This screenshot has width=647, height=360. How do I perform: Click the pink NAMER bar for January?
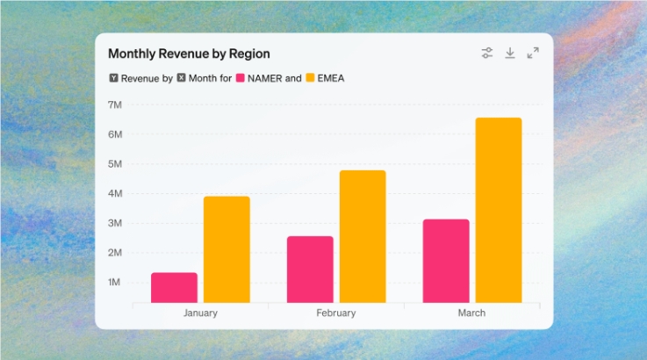(174, 288)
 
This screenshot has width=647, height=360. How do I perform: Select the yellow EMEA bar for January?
(226, 249)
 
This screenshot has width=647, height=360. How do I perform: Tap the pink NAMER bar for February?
(310, 270)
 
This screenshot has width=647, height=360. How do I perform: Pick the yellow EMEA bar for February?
(363, 236)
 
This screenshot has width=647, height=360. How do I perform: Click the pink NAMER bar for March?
(446, 261)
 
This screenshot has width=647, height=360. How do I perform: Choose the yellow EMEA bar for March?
(499, 210)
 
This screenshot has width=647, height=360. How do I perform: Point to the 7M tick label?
(114, 104)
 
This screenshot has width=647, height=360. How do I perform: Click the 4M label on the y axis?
(114, 193)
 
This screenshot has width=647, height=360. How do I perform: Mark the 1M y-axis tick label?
(114, 282)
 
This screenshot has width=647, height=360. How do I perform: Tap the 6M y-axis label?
(114, 134)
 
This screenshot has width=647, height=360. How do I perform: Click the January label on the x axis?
(200, 313)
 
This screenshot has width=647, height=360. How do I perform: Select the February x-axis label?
(336, 313)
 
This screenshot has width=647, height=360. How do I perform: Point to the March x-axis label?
(471, 313)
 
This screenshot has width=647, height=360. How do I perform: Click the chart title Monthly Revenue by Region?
(189, 54)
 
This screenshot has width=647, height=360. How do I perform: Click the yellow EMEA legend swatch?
(309, 78)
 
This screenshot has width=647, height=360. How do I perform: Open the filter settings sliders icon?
(487, 54)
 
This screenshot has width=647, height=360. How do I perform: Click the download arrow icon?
(510, 54)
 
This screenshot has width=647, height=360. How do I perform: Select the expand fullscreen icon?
(533, 54)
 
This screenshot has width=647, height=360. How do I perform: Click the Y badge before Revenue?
(113, 78)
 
